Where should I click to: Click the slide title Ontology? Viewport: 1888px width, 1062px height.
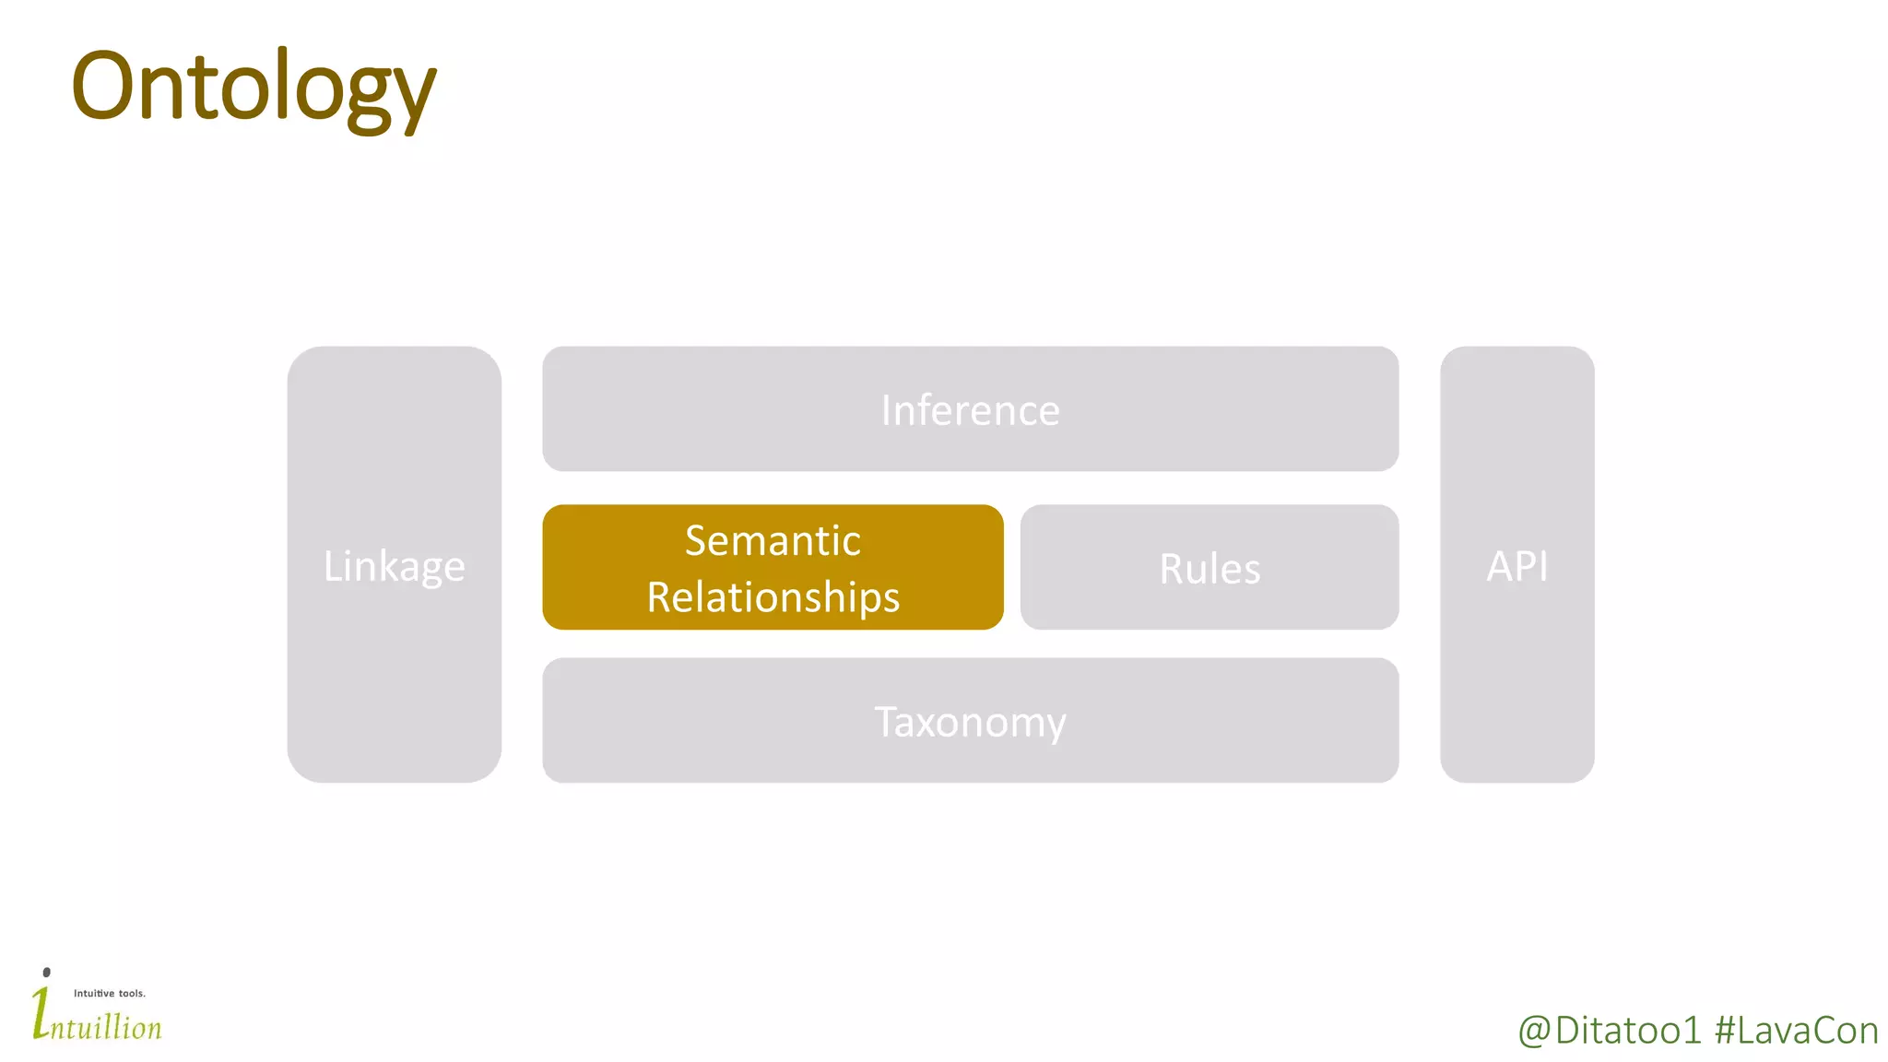(254, 88)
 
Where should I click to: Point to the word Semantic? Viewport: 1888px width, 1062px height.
(773, 540)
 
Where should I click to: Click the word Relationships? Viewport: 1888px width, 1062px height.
(773, 597)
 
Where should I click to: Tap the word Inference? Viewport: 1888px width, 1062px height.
(970, 410)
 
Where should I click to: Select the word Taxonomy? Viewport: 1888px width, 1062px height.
(970, 722)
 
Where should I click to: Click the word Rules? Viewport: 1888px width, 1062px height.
(1209, 569)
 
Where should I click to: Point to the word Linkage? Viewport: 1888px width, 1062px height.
(394, 566)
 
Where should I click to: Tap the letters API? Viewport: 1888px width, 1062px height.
(1516, 566)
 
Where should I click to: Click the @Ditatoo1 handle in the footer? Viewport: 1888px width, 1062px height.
(1609, 1031)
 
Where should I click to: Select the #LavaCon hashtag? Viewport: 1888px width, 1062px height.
(1796, 1031)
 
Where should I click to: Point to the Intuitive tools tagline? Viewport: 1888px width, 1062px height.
(110, 993)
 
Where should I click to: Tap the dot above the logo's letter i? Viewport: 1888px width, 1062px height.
(47, 972)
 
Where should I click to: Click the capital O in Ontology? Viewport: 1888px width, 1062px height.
(103, 88)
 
